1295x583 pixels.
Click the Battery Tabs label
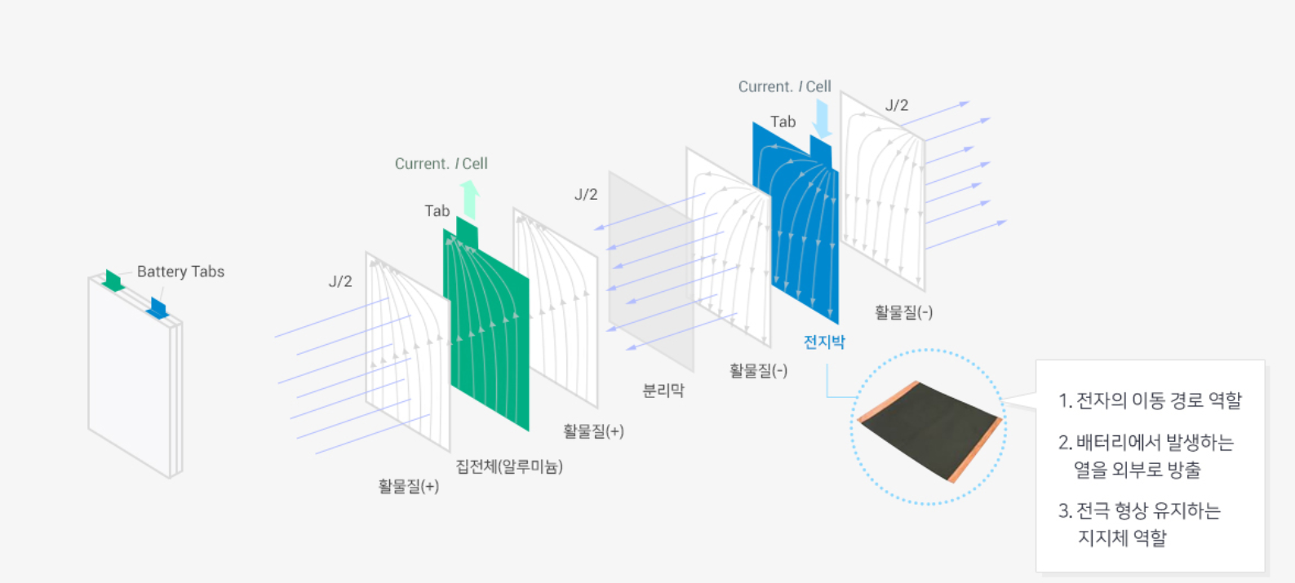point(180,272)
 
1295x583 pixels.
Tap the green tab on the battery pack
point(113,280)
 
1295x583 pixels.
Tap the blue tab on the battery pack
point(157,308)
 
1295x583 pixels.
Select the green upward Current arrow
point(469,198)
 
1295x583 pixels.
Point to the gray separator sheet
point(650,269)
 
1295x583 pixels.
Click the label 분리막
point(663,391)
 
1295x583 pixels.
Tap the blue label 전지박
point(824,342)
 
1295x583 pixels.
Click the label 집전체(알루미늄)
point(509,466)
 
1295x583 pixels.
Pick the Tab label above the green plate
point(437,211)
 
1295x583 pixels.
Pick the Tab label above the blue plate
point(783,122)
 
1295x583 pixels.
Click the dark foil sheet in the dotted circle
point(928,430)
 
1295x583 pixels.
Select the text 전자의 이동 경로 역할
point(1151,400)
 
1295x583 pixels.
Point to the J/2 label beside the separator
point(586,195)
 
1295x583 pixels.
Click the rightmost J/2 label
point(897,105)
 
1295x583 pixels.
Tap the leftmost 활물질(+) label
point(409,487)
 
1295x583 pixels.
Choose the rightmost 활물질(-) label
point(903,312)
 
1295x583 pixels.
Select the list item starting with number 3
point(1140,523)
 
